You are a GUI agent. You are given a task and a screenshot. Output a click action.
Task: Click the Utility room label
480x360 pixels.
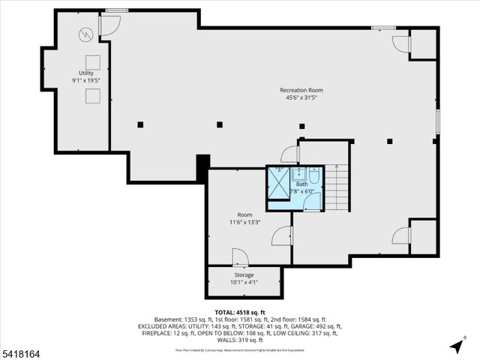85,73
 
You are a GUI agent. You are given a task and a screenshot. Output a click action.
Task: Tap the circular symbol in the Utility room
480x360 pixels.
85,34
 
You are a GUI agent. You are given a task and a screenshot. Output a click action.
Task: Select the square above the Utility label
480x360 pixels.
92,61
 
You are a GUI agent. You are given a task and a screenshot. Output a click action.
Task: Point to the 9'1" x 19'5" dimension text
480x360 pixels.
85,80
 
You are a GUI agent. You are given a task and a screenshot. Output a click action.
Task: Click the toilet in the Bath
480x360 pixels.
315,178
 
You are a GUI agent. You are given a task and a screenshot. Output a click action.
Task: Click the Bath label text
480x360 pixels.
301,184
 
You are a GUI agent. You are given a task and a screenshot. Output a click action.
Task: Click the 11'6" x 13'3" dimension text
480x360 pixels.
245,222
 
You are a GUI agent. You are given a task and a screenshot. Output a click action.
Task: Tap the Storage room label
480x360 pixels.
244,274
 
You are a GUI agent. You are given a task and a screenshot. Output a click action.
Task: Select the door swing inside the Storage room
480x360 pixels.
240,258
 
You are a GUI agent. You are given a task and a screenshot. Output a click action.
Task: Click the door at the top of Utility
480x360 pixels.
109,25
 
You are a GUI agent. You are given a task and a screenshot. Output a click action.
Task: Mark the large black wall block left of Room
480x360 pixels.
202,167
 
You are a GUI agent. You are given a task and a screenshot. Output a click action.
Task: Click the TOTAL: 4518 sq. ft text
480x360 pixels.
240,312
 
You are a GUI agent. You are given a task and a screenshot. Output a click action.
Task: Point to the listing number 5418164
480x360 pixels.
20,350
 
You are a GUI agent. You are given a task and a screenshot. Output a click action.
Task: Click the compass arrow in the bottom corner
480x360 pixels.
455,346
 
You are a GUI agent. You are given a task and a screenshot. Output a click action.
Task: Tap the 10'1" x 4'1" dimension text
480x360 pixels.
244,283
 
